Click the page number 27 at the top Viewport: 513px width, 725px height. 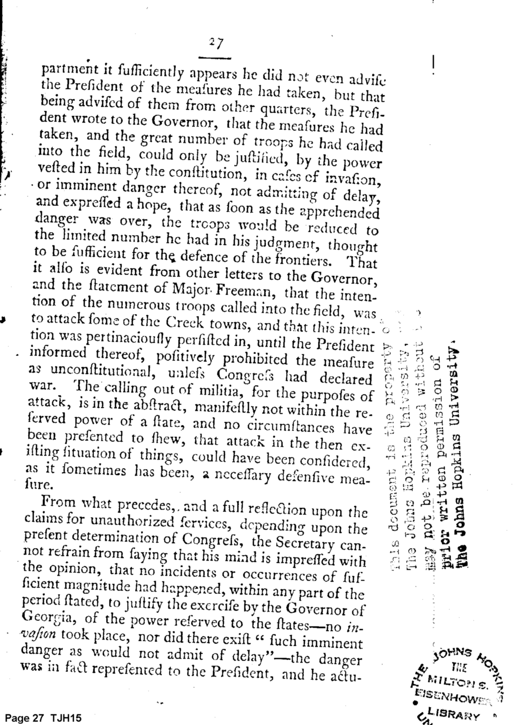coord(216,43)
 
